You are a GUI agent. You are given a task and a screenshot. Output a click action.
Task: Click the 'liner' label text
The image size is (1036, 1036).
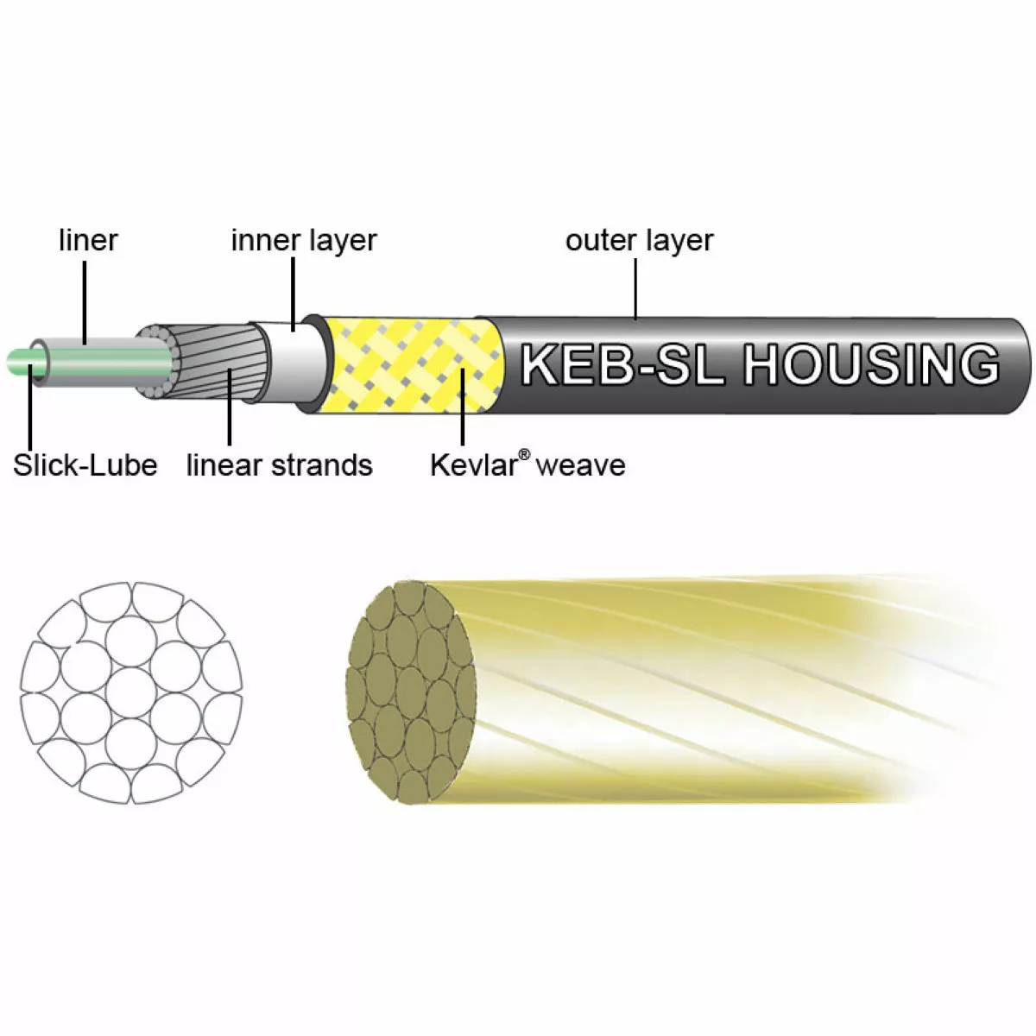pyautogui.click(x=88, y=240)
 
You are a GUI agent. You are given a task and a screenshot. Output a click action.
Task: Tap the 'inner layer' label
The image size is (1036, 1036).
pyautogui.click(x=303, y=240)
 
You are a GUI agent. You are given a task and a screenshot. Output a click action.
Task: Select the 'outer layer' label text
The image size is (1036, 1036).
pyautogui.click(x=639, y=240)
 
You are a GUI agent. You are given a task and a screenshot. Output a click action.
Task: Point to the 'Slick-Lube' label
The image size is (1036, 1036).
pyautogui.click(x=85, y=465)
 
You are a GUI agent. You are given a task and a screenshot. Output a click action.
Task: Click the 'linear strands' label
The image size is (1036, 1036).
pyautogui.click(x=279, y=465)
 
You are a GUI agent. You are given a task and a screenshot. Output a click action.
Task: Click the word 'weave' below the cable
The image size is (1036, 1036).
pyautogui.click(x=580, y=465)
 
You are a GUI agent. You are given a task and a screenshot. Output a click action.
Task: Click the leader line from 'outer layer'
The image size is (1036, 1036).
pyautogui.click(x=636, y=289)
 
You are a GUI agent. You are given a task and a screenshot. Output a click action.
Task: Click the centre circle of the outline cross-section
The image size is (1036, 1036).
pyautogui.click(x=130, y=692)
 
